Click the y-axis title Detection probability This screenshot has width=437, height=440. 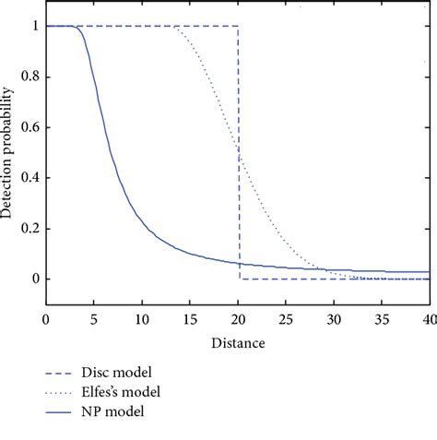pyautogui.click(x=8, y=152)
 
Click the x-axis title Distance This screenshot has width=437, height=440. pyautogui.click(x=238, y=343)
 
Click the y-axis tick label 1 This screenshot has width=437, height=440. pyautogui.click(x=34, y=26)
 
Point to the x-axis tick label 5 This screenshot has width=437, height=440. pyautogui.click(x=94, y=319)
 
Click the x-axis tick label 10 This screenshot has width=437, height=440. pyautogui.click(x=142, y=319)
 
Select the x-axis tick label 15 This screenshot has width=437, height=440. pyautogui.click(x=190, y=319)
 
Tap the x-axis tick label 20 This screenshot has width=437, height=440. pyautogui.click(x=238, y=319)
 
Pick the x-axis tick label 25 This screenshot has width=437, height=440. pyautogui.click(x=286, y=319)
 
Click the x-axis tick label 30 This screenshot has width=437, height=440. pyautogui.click(x=334, y=319)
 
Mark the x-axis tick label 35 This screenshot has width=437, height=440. pyautogui.click(x=382, y=319)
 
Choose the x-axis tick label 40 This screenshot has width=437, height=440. pyautogui.click(x=427, y=319)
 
